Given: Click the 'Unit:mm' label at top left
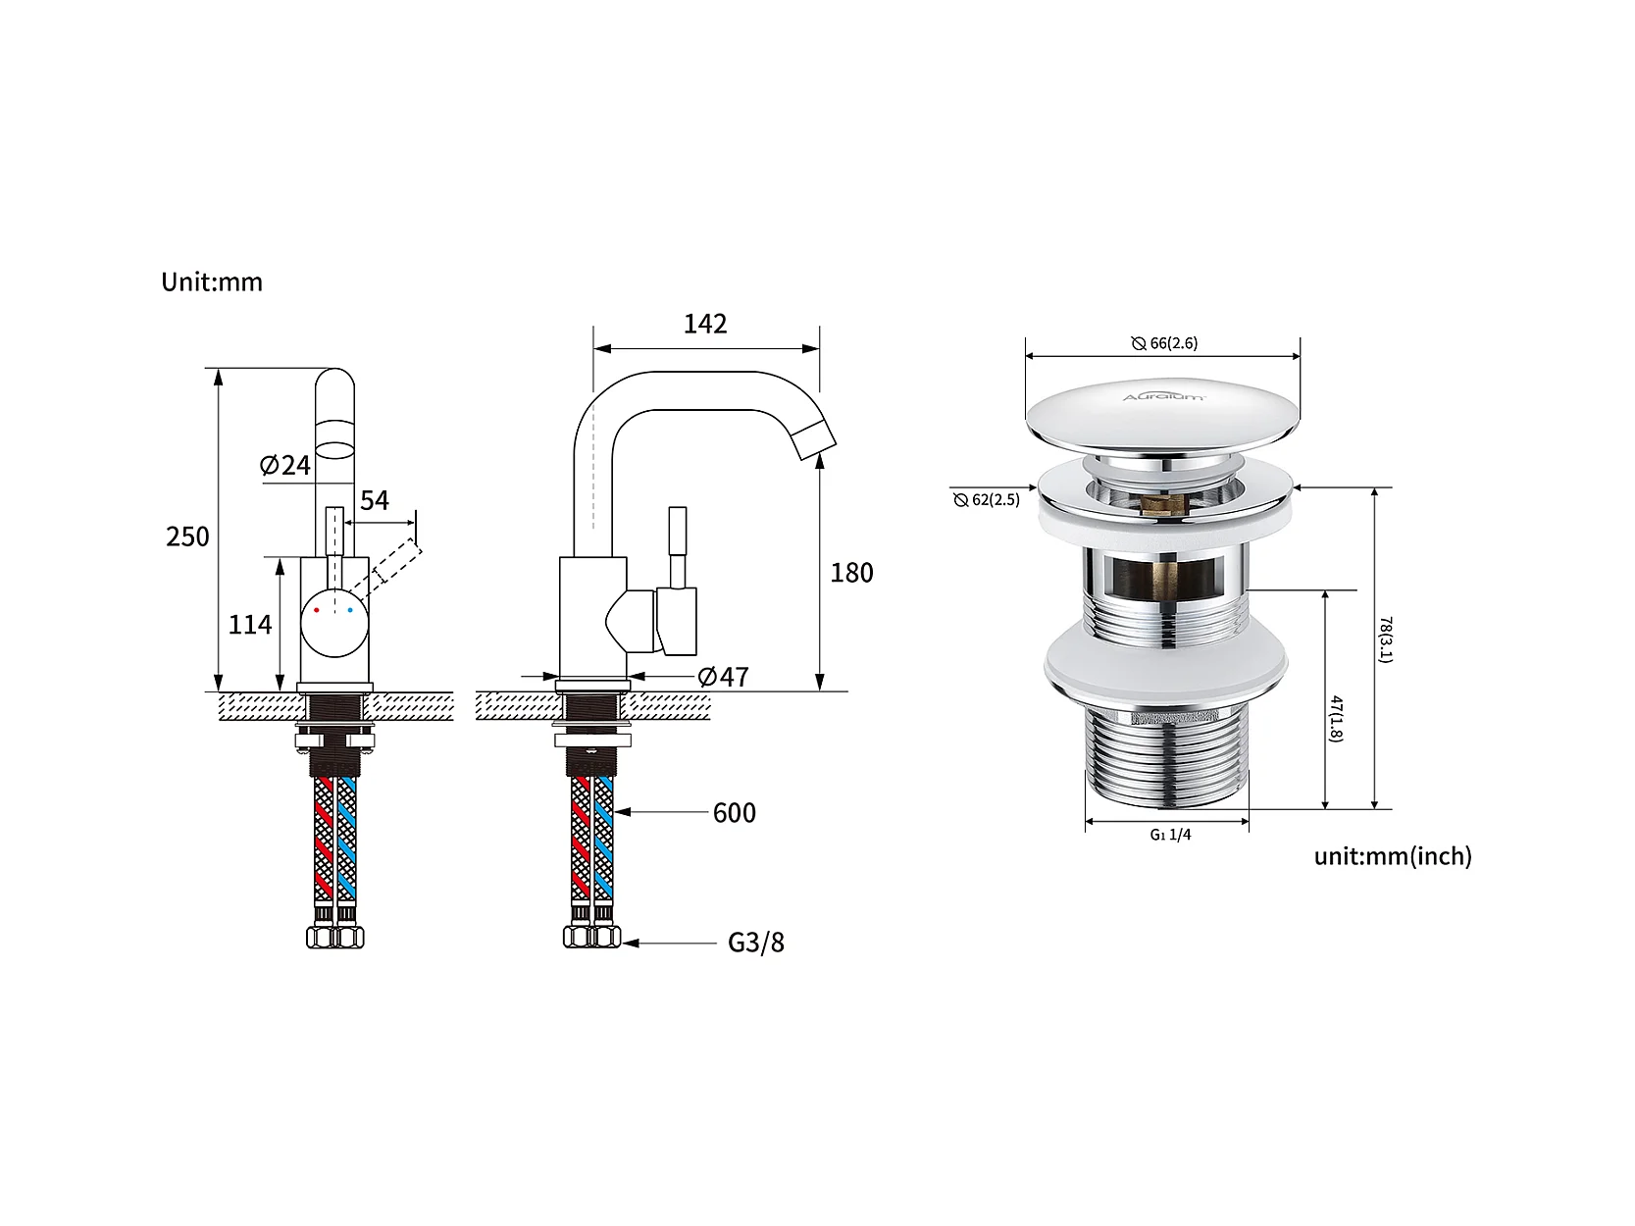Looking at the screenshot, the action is (212, 282).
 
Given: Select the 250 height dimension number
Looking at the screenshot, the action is (187, 536).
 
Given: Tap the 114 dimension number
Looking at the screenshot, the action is (249, 624).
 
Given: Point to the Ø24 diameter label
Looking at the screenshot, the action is (284, 465).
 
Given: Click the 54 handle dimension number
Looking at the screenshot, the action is (375, 500).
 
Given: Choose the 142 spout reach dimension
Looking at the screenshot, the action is (705, 324).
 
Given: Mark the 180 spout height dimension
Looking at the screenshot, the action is (851, 572).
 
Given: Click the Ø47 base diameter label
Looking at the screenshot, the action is (723, 677).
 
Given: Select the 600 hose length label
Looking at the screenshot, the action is (735, 813).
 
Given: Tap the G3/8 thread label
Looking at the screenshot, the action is (756, 943).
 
